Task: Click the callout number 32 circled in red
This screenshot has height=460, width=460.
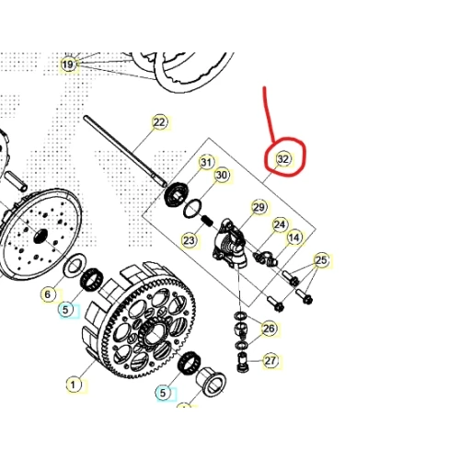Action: (282, 159)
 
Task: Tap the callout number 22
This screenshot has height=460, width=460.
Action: (159, 122)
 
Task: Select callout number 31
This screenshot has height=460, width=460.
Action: (206, 162)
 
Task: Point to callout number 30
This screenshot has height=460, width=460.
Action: (222, 175)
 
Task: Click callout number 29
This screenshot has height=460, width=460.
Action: (259, 207)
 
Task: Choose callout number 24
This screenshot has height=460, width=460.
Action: (280, 224)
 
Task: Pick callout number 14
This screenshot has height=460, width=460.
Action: (294, 237)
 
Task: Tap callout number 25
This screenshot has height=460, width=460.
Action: (321, 260)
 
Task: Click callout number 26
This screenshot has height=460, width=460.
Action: (269, 328)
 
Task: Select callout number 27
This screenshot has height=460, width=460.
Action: (270, 361)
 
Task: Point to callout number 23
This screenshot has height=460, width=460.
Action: (189, 240)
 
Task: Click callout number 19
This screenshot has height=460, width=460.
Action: (68, 64)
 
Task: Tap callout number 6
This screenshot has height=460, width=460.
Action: (48, 294)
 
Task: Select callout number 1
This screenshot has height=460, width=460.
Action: (73, 385)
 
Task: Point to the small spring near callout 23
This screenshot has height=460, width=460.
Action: (208, 220)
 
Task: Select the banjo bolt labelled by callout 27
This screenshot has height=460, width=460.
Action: (243, 362)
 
